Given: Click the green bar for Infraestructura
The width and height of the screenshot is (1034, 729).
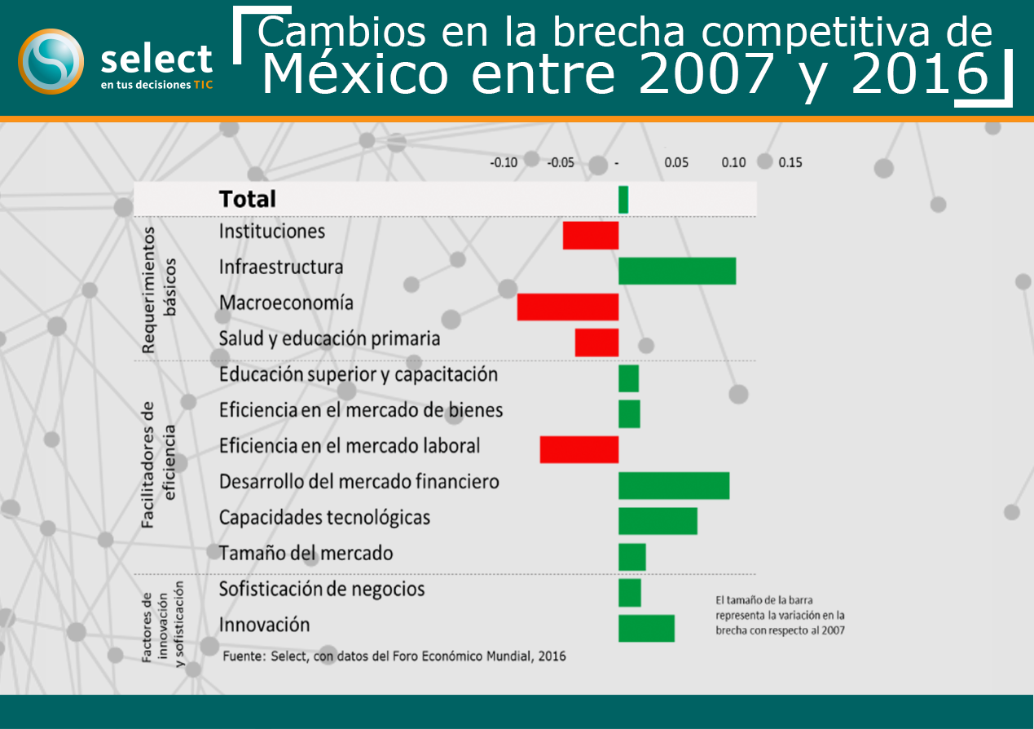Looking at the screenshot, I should (x=677, y=271).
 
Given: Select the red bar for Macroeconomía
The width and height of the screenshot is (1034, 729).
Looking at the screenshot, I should (x=568, y=307).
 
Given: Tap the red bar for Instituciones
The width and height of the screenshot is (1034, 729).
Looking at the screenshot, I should (x=591, y=235).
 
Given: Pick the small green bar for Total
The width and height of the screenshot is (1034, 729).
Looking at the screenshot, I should (x=623, y=200).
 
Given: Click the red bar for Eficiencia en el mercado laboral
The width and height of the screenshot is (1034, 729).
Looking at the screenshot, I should (x=579, y=449).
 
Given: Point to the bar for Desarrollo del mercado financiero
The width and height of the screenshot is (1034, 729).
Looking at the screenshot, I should (x=674, y=485).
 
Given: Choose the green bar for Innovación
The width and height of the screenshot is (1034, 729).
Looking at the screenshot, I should (x=646, y=628).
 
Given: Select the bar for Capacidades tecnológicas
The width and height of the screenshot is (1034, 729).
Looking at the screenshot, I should (x=658, y=521).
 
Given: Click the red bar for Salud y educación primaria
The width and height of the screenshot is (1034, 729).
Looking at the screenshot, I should (x=596, y=342).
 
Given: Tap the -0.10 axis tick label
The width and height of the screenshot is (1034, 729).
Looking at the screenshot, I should (x=504, y=162).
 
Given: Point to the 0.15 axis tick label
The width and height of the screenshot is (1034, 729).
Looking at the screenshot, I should (x=790, y=162).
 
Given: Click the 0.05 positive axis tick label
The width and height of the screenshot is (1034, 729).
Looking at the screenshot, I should (x=676, y=162).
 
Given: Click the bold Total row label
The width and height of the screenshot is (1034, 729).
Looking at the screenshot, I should (x=248, y=199).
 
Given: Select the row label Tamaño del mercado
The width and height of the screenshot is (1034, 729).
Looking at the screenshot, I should (x=306, y=554).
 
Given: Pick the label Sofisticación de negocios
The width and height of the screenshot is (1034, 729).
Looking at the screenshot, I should (x=322, y=590).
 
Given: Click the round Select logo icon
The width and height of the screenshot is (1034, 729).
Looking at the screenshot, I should (x=51, y=61).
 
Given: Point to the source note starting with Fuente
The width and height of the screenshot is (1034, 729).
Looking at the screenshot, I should (x=394, y=656).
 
